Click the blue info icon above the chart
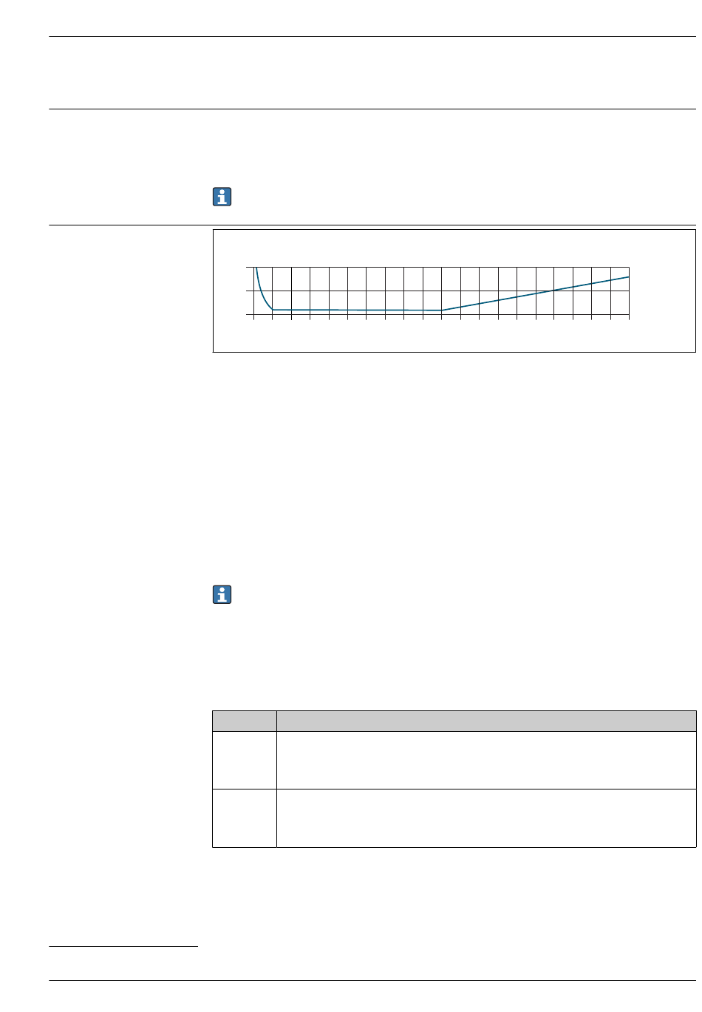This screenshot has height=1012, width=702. [222, 197]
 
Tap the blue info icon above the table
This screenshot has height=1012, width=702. [222, 594]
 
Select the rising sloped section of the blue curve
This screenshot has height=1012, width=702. [517, 296]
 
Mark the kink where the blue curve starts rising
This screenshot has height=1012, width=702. [442, 310]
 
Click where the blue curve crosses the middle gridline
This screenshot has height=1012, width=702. [553, 291]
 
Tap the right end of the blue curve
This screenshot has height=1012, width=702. [629, 276]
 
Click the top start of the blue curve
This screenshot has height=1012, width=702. [256, 268]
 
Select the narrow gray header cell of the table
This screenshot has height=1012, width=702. [244, 721]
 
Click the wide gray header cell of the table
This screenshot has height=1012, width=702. [485, 721]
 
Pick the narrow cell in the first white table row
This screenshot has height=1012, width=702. [244, 760]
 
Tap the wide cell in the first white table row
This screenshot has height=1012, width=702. [485, 760]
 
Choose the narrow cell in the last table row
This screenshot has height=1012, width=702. [244, 818]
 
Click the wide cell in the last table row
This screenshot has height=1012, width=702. [485, 818]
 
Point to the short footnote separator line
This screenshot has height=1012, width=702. [123, 945]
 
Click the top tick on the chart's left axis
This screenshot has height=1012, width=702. [248, 267]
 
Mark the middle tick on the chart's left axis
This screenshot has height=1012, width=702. [248, 291]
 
